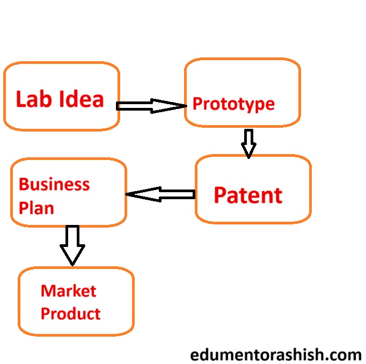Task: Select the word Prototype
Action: [233, 104]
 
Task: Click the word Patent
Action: [248, 195]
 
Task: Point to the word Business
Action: [54, 185]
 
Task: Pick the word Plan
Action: [36, 208]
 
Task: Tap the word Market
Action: [69, 291]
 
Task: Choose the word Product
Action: [70, 313]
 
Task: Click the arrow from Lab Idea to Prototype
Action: [151, 106]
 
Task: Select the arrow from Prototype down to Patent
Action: [248, 143]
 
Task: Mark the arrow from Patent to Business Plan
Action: [160, 194]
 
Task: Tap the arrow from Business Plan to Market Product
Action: [72, 245]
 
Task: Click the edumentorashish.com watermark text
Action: [276, 355]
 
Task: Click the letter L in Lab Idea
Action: [21, 99]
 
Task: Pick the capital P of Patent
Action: [220, 195]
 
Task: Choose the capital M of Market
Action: [47, 291]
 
